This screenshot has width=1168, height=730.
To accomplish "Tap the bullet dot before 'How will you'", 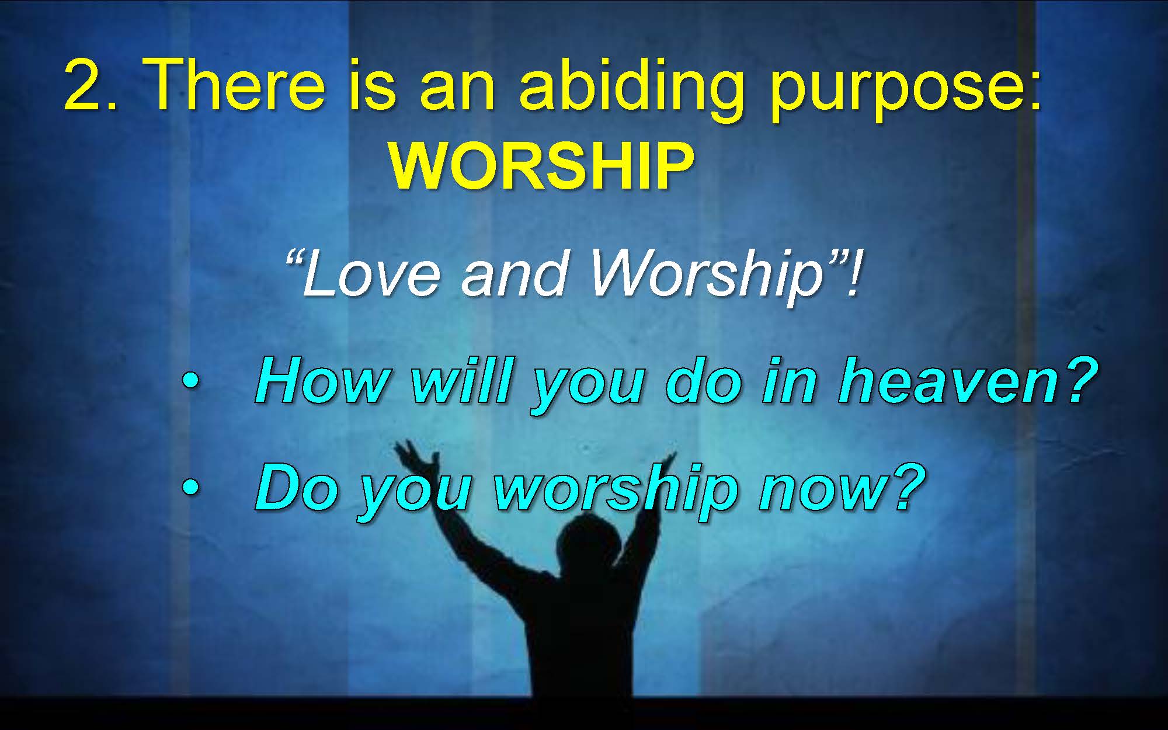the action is coord(190,383).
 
